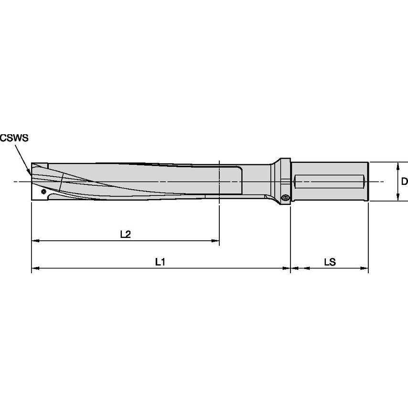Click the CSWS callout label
[14, 138]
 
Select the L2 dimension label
[125, 235]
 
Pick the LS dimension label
[330, 262]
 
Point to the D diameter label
[404, 182]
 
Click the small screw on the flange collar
[286, 197]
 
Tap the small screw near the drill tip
[44, 191]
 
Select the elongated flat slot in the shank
[330, 182]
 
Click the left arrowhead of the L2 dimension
[35, 242]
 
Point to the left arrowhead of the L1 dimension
[35, 269]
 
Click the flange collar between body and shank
[285, 182]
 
